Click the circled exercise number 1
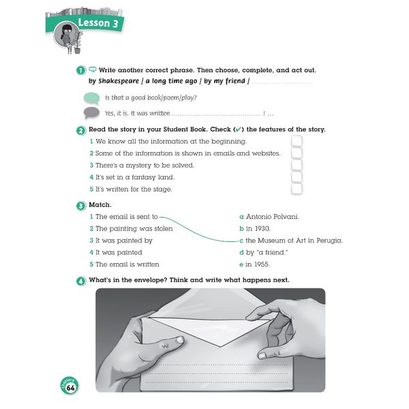80,70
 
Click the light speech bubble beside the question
91,97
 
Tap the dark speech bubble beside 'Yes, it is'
91,113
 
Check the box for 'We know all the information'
297,141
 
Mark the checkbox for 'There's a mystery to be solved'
297,165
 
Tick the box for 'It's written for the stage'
297,189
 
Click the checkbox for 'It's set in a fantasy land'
297,177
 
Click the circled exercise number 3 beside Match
80,205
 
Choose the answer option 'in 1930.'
258,228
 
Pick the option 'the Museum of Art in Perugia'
294,241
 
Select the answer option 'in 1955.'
258,264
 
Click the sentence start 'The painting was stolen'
134,228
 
